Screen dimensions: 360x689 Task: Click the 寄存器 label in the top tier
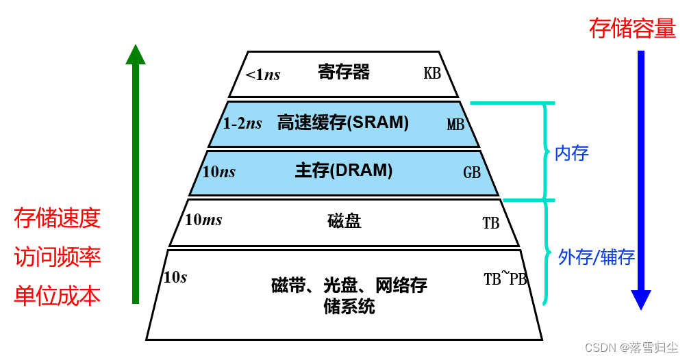click(x=344, y=72)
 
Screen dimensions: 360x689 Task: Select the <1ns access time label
click(x=263, y=75)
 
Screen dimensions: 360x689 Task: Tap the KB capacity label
click(x=432, y=73)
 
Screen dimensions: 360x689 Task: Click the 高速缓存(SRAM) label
click(x=342, y=123)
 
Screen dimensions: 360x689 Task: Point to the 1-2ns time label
click(x=242, y=123)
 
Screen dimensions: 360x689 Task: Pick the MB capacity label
click(x=455, y=125)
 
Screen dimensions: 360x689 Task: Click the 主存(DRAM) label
click(x=344, y=170)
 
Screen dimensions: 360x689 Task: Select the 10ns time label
click(x=218, y=172)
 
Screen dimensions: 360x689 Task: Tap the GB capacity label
click(x=472, y=173)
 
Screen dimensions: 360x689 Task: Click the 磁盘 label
click(x=344, y=221)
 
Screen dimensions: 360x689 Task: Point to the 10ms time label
click(x=203, y=220)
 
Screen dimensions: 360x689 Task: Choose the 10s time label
click(x=175, y=277)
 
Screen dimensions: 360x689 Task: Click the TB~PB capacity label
click(x=505, y=279)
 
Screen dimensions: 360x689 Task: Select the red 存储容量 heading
click(x=632, y=29)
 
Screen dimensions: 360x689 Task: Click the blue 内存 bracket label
click(x=571, y=153)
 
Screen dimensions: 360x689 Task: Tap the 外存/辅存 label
click(x=596, y=257)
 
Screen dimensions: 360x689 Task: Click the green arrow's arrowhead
click(x=136, y=55)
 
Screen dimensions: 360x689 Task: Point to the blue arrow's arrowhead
click(x=641, y=299)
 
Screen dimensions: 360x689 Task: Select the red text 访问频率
click(x=58, y=257)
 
